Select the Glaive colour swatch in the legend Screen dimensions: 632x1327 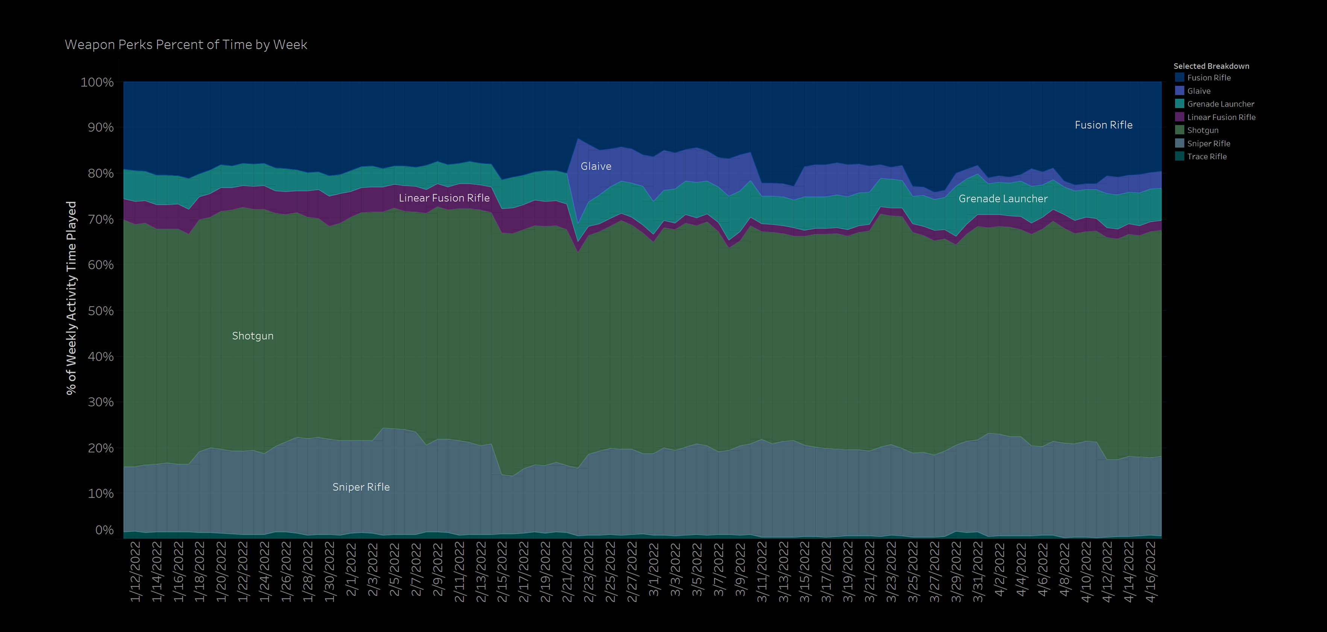point(1179,91)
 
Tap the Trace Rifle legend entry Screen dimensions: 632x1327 point(1206,157)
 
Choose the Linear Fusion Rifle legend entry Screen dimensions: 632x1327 point(1221,117)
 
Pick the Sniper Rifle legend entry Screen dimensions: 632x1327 point(1209,144)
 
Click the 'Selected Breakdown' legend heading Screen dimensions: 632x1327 point(1211,66)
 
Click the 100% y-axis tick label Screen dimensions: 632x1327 point(97,82)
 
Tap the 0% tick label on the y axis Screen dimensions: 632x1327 point(104,530)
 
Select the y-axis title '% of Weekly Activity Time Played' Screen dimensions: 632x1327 point(71,298)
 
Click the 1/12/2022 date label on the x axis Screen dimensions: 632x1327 point(135,571)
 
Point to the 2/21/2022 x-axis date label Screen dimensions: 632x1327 point(567,571)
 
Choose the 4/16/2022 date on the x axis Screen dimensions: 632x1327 point(1150,571)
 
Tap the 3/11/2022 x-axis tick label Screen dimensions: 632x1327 point(762,571)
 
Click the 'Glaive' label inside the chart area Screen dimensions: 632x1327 point(596,166)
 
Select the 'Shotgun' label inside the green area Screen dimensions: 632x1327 point(252,336)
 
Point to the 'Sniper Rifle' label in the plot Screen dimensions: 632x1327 point(361,487)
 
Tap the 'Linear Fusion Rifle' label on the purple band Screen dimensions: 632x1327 point(444,198)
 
